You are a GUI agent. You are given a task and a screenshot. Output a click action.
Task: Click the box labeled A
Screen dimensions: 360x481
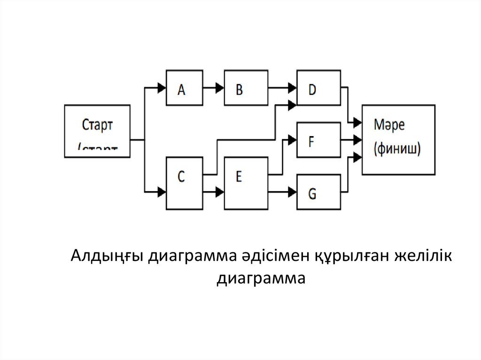185,88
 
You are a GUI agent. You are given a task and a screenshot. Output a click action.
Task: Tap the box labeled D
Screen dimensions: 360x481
318,88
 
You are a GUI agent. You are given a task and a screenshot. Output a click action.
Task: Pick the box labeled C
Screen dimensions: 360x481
185,183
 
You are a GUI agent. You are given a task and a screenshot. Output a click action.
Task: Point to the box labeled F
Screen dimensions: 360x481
318,139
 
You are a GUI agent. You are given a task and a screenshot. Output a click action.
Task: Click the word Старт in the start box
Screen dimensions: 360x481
97,125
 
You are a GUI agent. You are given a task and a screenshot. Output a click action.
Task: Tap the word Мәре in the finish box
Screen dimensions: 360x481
389,125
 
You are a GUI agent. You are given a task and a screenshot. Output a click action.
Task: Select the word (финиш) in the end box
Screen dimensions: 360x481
397,149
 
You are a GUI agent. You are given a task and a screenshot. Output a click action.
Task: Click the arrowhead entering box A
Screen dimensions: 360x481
162,88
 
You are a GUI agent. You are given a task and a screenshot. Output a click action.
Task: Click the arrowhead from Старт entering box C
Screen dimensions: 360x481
162,191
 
